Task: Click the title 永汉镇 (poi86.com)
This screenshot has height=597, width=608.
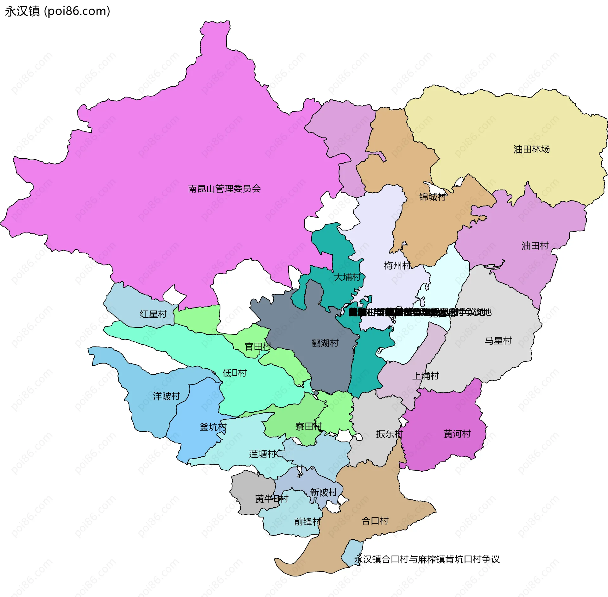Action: (x=57, y=11)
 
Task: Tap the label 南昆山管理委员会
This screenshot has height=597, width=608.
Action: (x=224, y=189)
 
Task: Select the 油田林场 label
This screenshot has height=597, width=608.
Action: (x=531, y=149)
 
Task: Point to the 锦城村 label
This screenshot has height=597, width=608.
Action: (x=433, y=197)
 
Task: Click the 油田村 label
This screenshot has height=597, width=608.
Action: (x=535, y=245)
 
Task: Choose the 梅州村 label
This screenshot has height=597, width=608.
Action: (x=397, y=265)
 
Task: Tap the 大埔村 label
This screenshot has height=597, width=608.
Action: (x=347, y=277)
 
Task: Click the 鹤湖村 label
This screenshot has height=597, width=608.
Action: (x=325, y=343)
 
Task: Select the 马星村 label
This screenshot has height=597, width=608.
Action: (x=498, y=340)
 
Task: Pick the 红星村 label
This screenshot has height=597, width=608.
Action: (x=153, y=314)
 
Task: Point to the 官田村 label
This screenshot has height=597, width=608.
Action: (x=258, y=346)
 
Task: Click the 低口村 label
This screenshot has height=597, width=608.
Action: (x=234, y=373)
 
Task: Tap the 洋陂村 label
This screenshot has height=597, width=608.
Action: (x=167, y=396)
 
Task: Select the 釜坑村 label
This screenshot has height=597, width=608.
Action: (x=213, y=427)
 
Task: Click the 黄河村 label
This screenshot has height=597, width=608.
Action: (x=457, y=434)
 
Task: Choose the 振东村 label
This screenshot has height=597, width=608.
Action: (x=389, y=434)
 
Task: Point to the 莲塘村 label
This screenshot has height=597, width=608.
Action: (x=263, y=454)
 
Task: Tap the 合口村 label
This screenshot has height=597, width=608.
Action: (x=375, y=521)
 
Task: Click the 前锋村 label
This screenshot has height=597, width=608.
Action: (x=307, y=522)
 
